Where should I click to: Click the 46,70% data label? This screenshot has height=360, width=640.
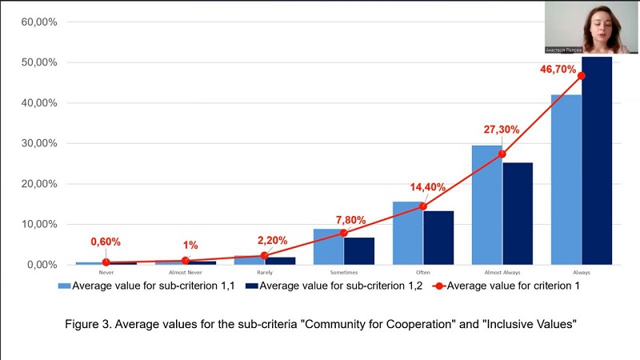[x=558, y=70]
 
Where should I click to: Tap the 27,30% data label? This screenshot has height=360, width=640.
[x=502, y=130]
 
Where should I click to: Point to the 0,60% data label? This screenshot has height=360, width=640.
[x=106, y=242]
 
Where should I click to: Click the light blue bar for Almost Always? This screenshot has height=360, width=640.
[x=486, y=205]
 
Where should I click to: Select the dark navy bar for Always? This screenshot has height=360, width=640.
[x=597, y=160]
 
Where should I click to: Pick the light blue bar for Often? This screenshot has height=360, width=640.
[x=407, y=233]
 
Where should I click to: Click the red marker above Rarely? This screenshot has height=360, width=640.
[x=264, y=256]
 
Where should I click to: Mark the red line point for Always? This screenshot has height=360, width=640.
[x=582, y=76]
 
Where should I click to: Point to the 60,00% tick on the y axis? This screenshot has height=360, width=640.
[x=39, y=22]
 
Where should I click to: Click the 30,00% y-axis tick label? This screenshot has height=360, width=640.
[x=39, y=143]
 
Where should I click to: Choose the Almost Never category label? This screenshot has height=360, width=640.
[x=185, y=273]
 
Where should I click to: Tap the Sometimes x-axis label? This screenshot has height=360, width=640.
[x=344, y=273]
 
